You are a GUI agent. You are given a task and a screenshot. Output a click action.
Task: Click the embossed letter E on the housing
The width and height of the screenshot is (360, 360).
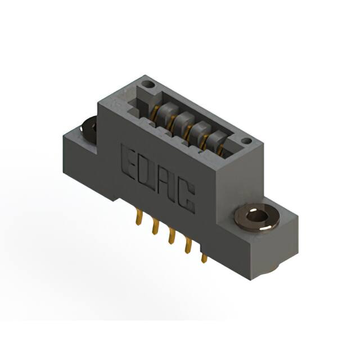click(130, 161)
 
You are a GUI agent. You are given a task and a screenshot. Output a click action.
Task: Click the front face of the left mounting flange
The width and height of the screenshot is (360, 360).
click(84, 163)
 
